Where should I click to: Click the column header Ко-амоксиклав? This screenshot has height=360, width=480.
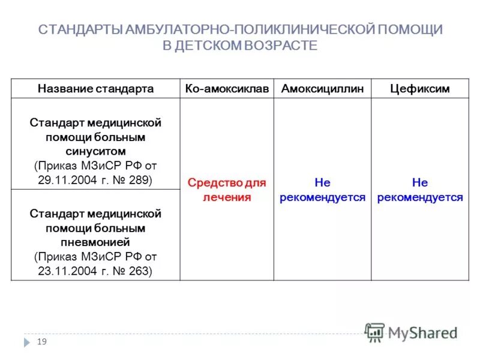227,89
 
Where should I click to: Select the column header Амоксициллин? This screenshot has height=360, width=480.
322,89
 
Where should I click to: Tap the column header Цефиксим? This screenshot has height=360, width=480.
419,89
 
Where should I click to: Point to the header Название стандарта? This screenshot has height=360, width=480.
95,89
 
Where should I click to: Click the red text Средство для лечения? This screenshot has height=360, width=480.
227,190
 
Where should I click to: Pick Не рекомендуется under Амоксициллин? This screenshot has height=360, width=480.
322,190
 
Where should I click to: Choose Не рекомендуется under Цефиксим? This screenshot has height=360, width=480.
419,190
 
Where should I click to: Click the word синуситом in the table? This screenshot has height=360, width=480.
95,151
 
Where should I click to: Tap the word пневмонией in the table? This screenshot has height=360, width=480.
95,242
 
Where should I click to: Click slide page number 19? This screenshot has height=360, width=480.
42,341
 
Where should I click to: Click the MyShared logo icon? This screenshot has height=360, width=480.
375,333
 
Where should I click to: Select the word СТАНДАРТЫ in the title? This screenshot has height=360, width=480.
81,30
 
